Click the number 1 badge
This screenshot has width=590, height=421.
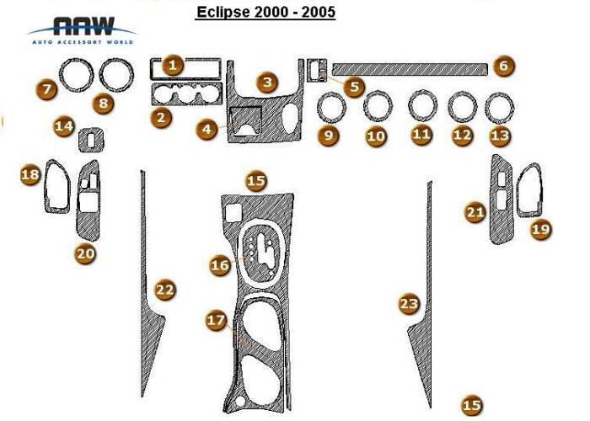coord(173,66)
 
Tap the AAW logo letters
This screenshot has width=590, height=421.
coord(83,26)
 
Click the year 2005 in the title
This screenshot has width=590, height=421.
coord(318,12)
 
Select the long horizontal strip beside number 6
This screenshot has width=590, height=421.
coord(410,69)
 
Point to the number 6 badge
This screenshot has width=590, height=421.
coord(503,66)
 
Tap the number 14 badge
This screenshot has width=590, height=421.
coord(63,126)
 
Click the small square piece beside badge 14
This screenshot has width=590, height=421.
coord(91,141)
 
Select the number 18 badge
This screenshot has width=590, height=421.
coord(30,174)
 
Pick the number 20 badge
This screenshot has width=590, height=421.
coord(85,253)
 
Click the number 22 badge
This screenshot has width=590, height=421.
coord(165,290)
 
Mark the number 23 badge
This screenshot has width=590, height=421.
coord(409,303)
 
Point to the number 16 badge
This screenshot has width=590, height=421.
coord(220,265)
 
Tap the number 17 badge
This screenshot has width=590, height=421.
coord(216,320)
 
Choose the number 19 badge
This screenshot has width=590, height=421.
coord(541,229)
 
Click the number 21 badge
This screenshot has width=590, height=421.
coord(475,213)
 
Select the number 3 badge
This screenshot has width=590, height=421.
coord(267,82)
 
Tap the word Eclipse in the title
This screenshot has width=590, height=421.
coord(223,12)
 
